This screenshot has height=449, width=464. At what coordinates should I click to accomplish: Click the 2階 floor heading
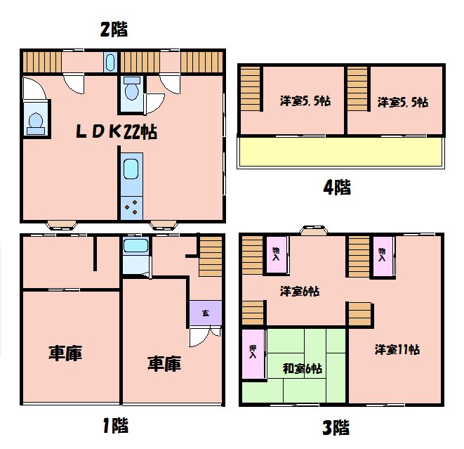click(114, 30)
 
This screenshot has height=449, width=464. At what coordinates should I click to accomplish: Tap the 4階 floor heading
click(337, 188)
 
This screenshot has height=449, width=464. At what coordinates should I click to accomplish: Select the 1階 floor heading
click(115, 425)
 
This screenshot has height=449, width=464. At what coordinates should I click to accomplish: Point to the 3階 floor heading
click(336, 427)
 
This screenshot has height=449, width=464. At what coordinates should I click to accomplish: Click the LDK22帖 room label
click(117, 132)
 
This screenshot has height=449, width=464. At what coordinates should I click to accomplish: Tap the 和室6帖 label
click(303, 369)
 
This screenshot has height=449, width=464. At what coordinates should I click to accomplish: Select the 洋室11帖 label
click(397, 350)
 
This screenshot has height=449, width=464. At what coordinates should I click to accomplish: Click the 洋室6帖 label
click(300, 292)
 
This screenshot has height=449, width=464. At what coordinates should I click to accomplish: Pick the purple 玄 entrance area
click(206, 313)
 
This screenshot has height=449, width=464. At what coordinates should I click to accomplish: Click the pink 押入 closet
click(253, 353)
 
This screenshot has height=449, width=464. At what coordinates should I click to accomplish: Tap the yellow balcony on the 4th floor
click(340, 152)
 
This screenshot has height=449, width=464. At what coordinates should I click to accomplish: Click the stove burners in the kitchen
click(131, 208)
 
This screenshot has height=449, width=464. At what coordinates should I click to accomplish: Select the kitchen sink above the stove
click(131, 169)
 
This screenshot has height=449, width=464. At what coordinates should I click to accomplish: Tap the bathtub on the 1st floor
click(135, 245)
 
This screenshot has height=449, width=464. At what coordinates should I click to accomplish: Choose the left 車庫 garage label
click(65, 353)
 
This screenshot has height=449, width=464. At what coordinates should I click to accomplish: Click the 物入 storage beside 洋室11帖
click(383, 256)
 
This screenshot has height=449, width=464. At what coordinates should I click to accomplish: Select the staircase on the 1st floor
click(211, 256)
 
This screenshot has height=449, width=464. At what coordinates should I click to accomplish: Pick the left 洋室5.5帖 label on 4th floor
click(305, 101)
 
